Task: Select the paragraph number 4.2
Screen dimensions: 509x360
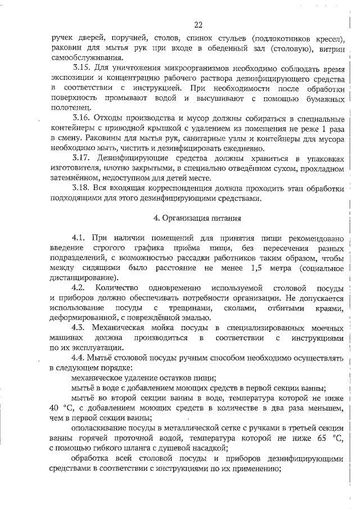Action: point(79,288)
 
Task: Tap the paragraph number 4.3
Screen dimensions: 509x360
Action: point(79,328)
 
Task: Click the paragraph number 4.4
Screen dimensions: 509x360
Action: point(79,358)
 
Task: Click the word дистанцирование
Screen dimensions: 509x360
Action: point(83,278)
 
